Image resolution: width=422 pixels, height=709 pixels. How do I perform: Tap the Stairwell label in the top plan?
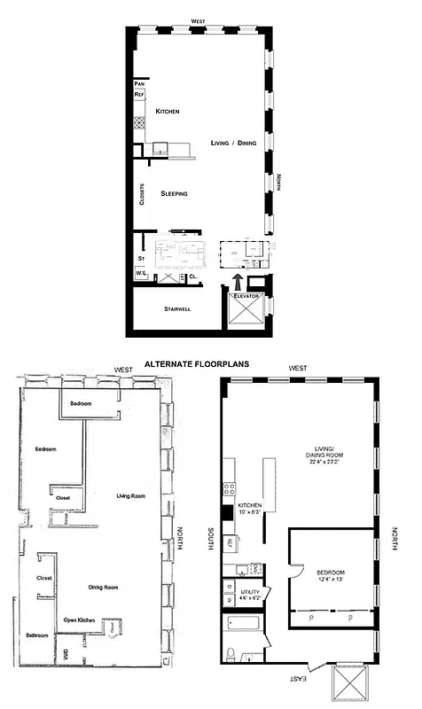pyautogui.click(x=179, y=309)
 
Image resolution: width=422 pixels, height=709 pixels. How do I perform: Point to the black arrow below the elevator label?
pyautogui.click(x=237, y=281)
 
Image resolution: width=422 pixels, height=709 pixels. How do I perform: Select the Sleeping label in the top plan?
pyautogui.click(x=174, y=193)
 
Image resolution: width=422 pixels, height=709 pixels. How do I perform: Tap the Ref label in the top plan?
pyautogui.click(x=138, y=94)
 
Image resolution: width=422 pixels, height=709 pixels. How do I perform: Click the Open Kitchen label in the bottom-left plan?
pyautogui.click(x=80, y=619)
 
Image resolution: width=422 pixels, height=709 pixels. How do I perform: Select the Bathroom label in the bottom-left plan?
pyautogui.click(x=36, y=635)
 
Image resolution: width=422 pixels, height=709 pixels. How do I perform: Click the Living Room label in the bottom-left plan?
pyautogui.click(x=130, y=496)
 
